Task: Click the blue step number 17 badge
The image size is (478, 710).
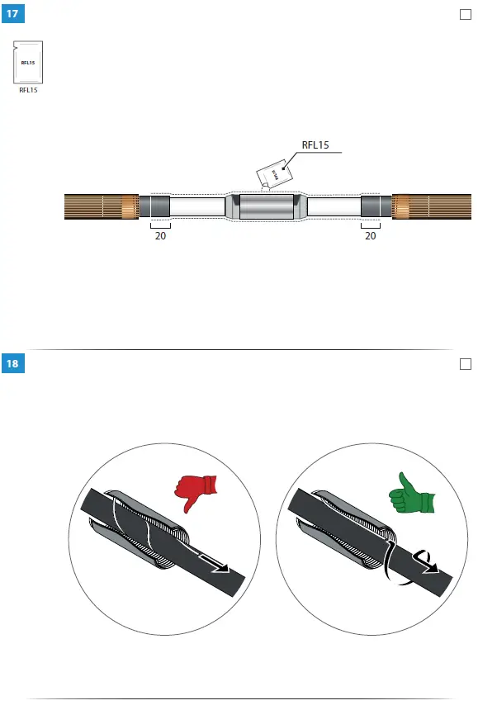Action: tap(12, 13)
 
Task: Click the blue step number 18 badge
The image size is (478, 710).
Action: tap(12, 363)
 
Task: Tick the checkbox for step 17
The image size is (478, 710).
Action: tap(466, 15)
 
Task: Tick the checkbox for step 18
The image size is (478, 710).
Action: tap(466, 364)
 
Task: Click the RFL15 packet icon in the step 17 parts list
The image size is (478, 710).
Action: tap(28, 62)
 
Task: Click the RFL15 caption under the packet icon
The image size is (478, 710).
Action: tap(28, 90)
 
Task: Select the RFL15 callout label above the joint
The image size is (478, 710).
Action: tap(315, 145)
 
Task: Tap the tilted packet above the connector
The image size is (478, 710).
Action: tap(274, 174)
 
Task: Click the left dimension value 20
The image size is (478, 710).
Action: tap(160, 236)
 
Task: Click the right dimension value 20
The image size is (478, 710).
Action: tap(371, 236)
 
